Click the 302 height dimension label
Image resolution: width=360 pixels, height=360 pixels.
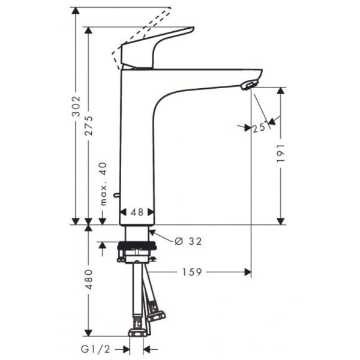76,106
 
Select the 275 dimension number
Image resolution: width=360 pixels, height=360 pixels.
89,126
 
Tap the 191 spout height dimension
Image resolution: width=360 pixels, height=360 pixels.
280,154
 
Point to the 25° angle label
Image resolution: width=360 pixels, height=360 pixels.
260,128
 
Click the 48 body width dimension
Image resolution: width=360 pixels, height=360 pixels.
137,212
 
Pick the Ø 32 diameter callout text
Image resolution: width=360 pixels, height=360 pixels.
188,241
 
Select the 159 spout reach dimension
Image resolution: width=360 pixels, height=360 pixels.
192,272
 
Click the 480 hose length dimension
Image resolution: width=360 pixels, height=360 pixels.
89,280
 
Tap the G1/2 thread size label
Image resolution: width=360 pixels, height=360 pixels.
95,349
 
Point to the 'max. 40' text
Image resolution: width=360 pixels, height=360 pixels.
103,184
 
